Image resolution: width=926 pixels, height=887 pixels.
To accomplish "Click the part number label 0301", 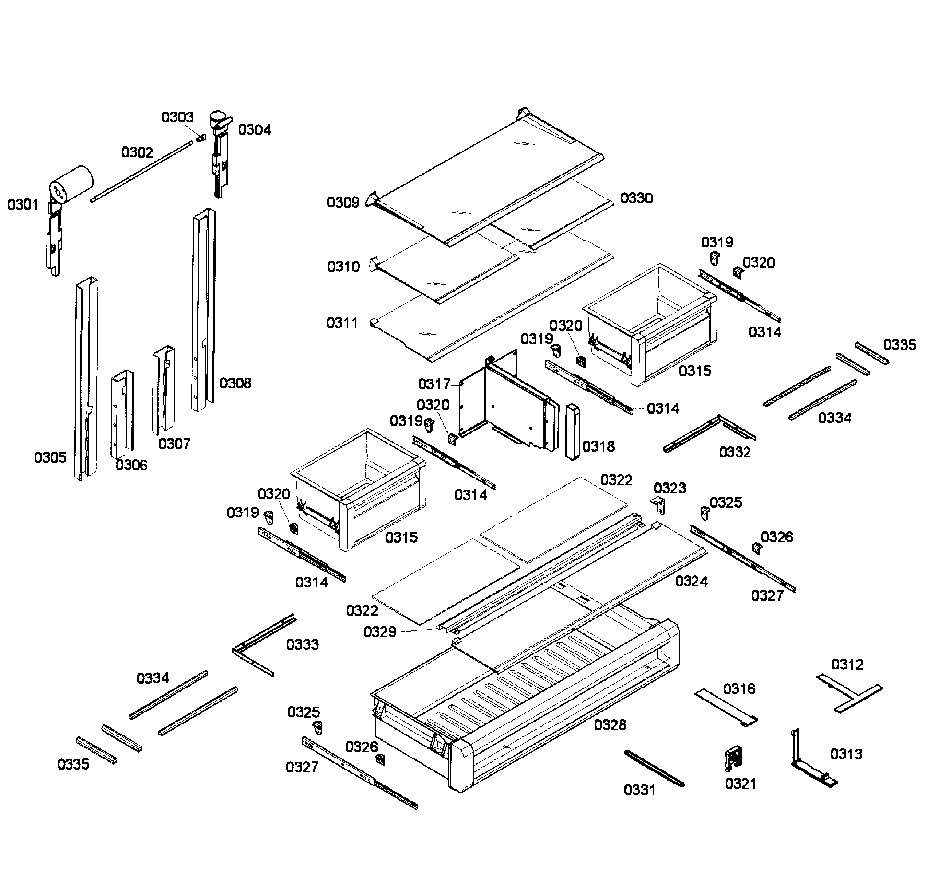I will click(22, 205).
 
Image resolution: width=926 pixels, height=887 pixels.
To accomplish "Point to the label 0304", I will click(254, 130).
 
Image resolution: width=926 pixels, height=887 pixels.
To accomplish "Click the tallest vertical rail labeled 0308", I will click(203, 307).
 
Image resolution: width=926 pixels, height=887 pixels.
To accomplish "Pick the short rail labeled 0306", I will click(122, 414).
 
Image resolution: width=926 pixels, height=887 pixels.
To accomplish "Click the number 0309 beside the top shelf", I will click(343, 202).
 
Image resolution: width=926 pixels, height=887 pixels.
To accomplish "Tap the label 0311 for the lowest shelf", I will click(342, 323).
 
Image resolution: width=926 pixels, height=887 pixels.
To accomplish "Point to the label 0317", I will click(434, 384).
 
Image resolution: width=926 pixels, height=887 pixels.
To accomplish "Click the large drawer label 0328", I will click(610, 725).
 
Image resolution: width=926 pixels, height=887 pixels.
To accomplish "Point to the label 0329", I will click(379, 632).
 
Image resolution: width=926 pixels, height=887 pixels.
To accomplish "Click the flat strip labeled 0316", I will click(726, 707).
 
